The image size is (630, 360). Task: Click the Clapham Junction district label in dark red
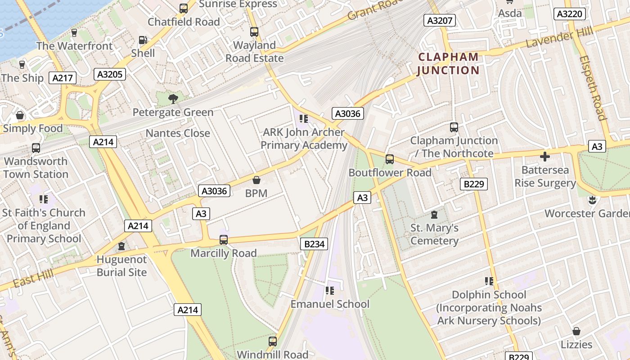448,63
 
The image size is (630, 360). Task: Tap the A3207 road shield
440,20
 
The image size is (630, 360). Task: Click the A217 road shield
63,78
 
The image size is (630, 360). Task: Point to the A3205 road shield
110,74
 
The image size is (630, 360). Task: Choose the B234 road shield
314,244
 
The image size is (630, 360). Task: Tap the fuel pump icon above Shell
143,40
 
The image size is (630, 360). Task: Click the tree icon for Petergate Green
173,99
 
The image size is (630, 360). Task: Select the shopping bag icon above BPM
256,180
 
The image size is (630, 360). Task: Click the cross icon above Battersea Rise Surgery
545,157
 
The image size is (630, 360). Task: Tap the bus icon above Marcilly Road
224,240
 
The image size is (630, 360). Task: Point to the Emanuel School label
330,304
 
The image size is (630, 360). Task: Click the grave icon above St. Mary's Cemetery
434,215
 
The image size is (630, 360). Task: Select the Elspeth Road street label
593,88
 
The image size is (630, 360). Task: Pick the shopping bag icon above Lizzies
576,332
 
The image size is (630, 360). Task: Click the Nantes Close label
178,133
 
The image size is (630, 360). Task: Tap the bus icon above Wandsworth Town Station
36,148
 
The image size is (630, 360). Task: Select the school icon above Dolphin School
489,281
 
